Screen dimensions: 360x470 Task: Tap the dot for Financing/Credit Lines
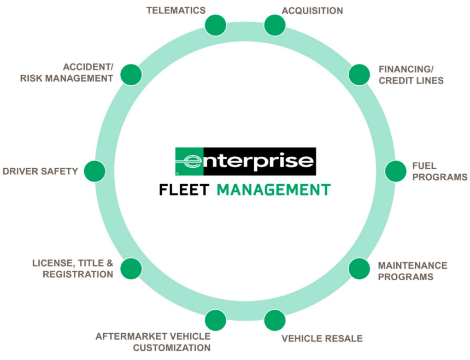[359, 75]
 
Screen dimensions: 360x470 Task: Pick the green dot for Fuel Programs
[395, 171]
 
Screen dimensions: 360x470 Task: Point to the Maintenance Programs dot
[359, 269]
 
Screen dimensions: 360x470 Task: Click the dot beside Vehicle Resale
[275, 320]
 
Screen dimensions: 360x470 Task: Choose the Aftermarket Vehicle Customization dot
[215, 320]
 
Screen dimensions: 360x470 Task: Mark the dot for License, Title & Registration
[131, 269]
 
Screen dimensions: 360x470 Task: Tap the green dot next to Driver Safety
[95, 171]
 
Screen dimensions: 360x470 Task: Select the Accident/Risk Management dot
[131, 75]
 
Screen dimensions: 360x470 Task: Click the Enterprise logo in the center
[245, 161]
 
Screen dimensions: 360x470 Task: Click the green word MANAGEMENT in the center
[274, 190]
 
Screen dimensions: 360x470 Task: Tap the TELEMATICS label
[176, 10]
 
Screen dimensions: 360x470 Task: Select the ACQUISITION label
[312, 11]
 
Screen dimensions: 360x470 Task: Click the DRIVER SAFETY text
[40, 171]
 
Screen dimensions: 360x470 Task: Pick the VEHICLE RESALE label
[322, 339]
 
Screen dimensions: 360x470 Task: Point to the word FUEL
[424, 166]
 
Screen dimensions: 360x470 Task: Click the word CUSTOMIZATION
[172, 347]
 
